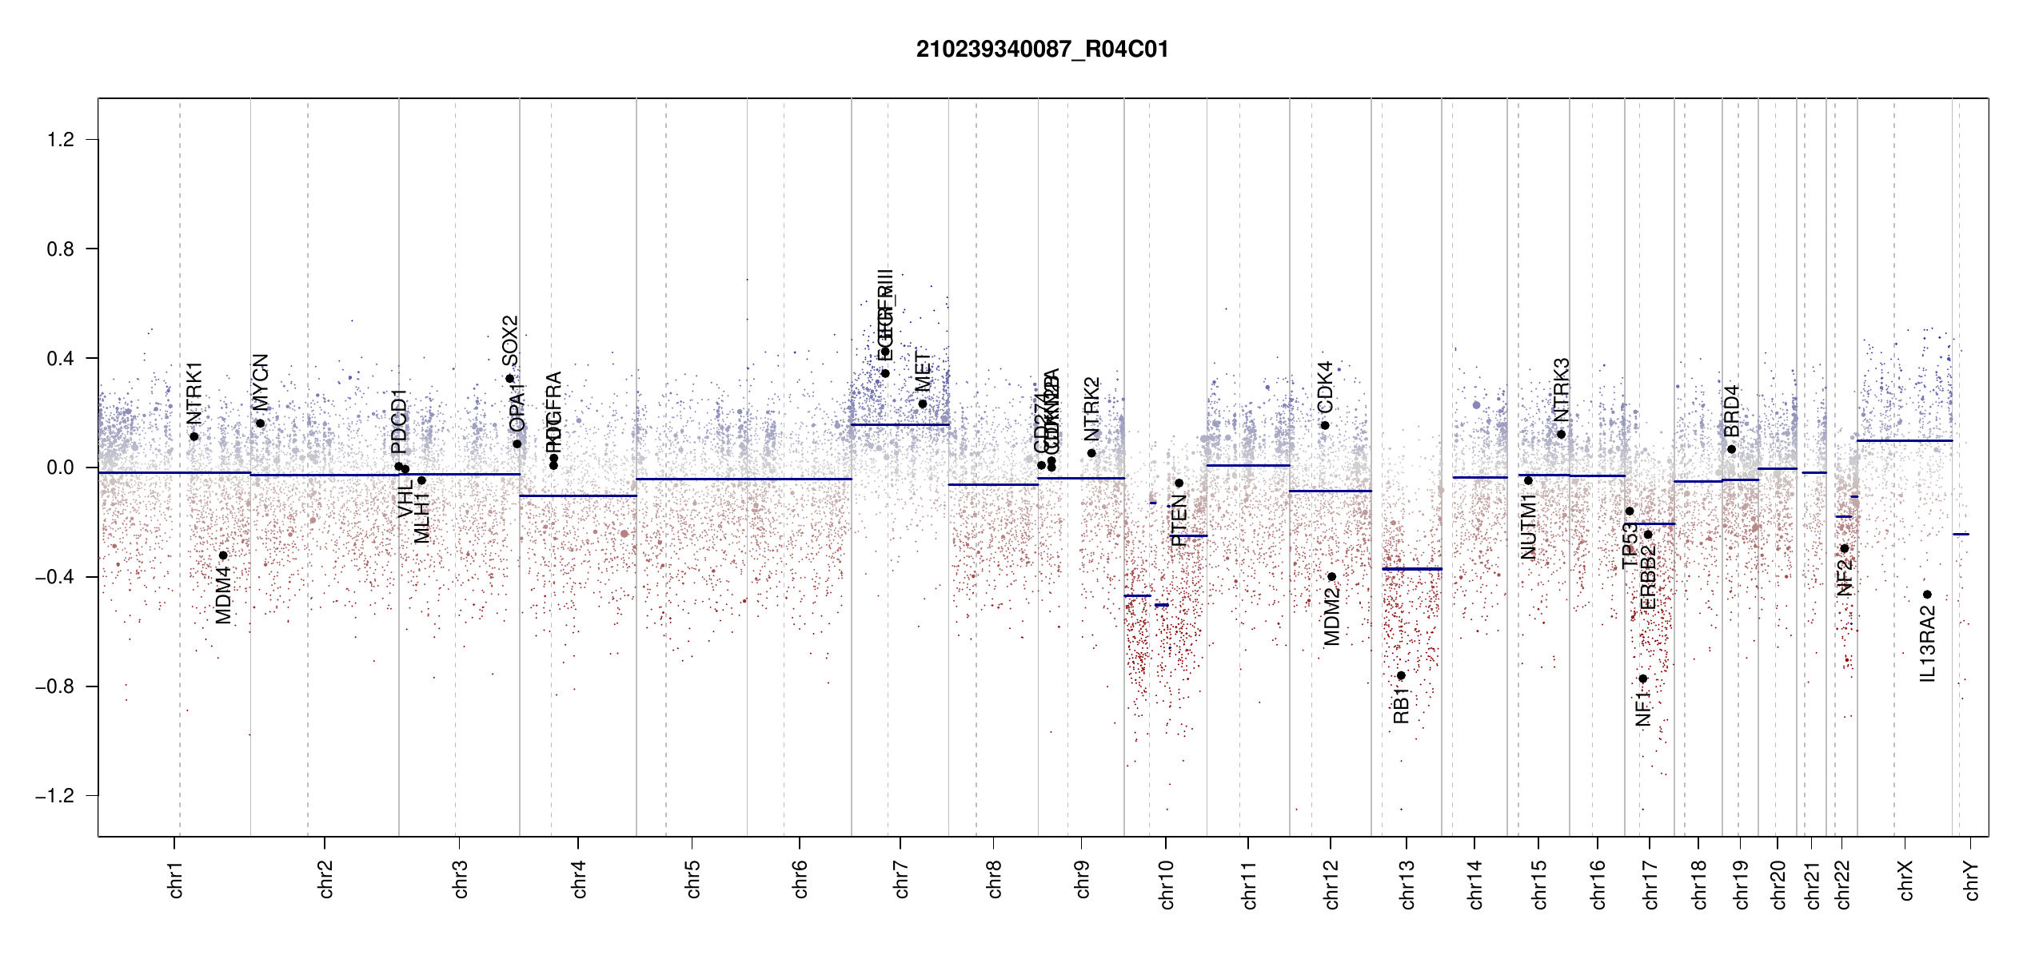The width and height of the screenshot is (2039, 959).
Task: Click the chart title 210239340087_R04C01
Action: (1042, 50)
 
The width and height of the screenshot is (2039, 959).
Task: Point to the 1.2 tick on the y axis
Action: (60, 140)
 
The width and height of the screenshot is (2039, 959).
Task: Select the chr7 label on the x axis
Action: (901, 879)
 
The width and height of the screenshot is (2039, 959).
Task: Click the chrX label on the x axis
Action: (1905, 880)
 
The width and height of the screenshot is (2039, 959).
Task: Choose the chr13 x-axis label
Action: (1407, 884)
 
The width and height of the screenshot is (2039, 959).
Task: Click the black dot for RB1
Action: (1401, 676)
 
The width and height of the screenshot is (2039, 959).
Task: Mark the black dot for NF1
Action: (1642, 678)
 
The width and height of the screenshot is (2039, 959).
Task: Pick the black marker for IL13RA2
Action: (1927, 595)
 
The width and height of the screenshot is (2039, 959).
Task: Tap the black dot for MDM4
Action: (223, 555)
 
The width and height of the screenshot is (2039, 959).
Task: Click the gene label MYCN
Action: (260, 382)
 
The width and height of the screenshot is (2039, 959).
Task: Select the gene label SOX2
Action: (509, 340)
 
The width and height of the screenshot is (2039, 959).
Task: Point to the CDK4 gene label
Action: (1324, 388)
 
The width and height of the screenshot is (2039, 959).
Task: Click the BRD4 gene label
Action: (1731, 411)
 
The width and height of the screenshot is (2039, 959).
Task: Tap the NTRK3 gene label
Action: (1561, 390)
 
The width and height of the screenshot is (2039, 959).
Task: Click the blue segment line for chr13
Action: (1411, 569)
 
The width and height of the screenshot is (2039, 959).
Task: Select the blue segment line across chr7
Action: (900, 424)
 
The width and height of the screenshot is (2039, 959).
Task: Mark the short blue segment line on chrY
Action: (1961, 534)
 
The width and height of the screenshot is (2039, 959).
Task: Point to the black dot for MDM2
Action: (1331, 577)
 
